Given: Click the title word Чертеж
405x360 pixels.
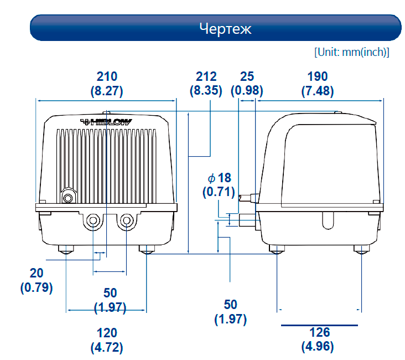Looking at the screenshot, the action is (x=225, y=28).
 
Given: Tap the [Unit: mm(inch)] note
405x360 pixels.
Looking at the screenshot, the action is (x=352, y=52).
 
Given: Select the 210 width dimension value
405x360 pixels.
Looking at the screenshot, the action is (x=107, y=76).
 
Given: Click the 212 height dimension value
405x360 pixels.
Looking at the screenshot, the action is (x=206, y=76).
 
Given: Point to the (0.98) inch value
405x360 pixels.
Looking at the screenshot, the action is (x=247, y=90).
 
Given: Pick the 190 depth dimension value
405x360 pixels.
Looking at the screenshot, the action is (x=318, y=76).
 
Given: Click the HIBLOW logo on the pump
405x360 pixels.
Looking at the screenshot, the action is (x=106, y=122).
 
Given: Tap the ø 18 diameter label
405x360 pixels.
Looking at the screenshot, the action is (x=220, y=178).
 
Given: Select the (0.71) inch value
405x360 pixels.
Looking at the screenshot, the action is (x=219, y=192).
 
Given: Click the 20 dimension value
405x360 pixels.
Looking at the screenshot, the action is (x=37, y=273).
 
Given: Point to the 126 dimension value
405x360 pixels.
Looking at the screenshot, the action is (x=319, y=332).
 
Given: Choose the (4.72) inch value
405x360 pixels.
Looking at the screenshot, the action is (x=107, y=347).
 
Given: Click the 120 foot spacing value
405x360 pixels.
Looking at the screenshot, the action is (x=107, y=333).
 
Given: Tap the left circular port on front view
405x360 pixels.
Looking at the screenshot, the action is (x=93, y=221).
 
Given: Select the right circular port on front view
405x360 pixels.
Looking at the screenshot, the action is (x=126, y=221).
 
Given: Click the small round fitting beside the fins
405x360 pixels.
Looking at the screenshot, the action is (x=68, y=198).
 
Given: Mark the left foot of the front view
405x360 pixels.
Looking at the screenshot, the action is (x=66, y=249).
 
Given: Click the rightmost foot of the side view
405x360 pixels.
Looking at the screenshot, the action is (x=362, y=249).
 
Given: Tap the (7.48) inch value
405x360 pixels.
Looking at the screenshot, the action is (x=318, y=90).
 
